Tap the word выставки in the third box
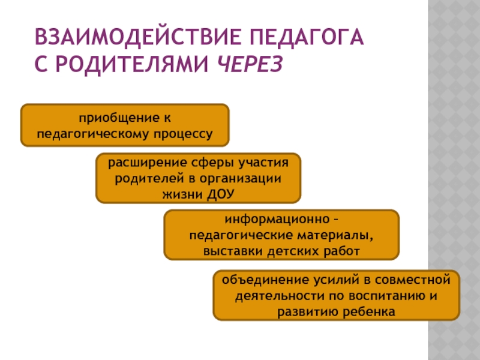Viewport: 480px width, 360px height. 231,250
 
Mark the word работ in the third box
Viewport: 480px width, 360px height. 344,250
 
